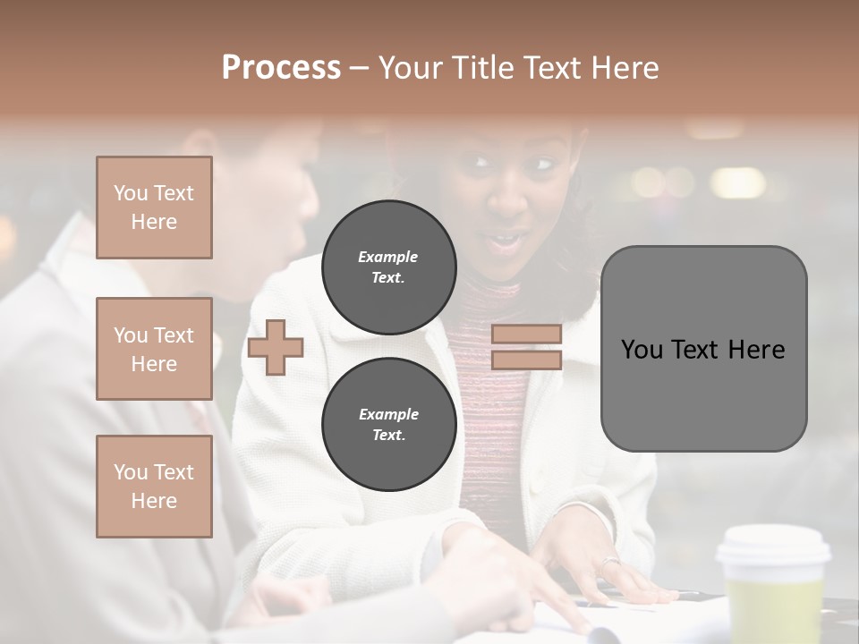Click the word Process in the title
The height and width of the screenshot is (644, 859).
(x=281, y=68)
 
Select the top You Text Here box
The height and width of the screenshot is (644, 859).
(x=154, y=208)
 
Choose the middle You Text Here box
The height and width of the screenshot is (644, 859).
(x=154, y=349)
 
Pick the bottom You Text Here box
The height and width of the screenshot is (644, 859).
(x=154, y=487)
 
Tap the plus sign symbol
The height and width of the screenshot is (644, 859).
(x=276, y=347)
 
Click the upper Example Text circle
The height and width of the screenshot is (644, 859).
(x=388, y=267)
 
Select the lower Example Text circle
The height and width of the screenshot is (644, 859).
(x=388, y=424)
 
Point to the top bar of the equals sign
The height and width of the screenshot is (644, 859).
(x=526, y=335)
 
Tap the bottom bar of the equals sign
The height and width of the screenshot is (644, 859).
(x=526, y=360)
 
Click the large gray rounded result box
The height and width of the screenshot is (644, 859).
(x=703, y=394)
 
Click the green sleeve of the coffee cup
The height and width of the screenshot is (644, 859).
(x=775, y=608)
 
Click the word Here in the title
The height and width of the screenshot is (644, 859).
(x=625, y=68)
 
